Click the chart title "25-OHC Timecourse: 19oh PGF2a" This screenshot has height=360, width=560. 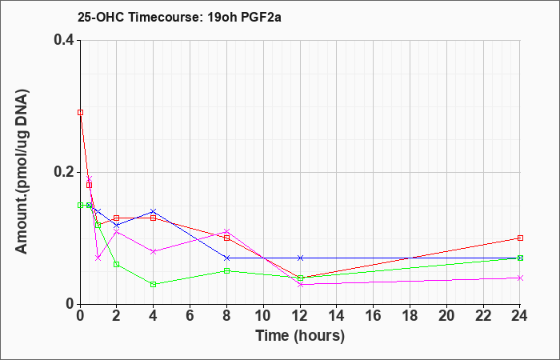pyautogui.click(x=179, y=17)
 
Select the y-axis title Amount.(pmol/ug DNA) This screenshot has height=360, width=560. pyautogui.click(x=22, y=173)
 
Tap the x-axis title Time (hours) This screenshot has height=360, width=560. pyautogui.click(x=300, y=336)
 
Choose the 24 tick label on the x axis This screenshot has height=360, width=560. pyautogui.click(x=520, y=316)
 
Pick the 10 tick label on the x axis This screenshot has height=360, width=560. pyautogui.click(x=263, y=316)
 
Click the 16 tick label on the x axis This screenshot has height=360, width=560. pyautogui.click(x=374, y=316)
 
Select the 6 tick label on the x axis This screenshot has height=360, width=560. pyautogui.click(x=190, y=316)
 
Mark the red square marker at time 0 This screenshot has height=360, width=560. pyautogui.click(x=80, y=113)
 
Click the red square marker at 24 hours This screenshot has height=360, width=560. pyautogui.click(x=520, y=238)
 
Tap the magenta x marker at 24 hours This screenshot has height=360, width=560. pyautogui.click(x=520, y=278)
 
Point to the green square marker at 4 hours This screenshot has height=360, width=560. pyautogui.click(x=154, y=284)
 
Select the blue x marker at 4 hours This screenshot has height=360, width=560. pyautogui.click(x=154, y=211)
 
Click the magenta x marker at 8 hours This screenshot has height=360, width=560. pyautogui.click(x=226, y=231)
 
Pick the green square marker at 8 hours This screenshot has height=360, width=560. pyautogui.click(x=226, y=270)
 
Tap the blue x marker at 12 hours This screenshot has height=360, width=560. pyautogui.click(x=300, y=258)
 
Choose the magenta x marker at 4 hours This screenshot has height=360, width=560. pyautogui.click(x=154, y=251)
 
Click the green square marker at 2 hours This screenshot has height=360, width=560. pyautogui.click(x=117, y=264)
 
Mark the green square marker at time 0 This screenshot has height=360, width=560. pyautogui.click(x=80, y=206)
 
